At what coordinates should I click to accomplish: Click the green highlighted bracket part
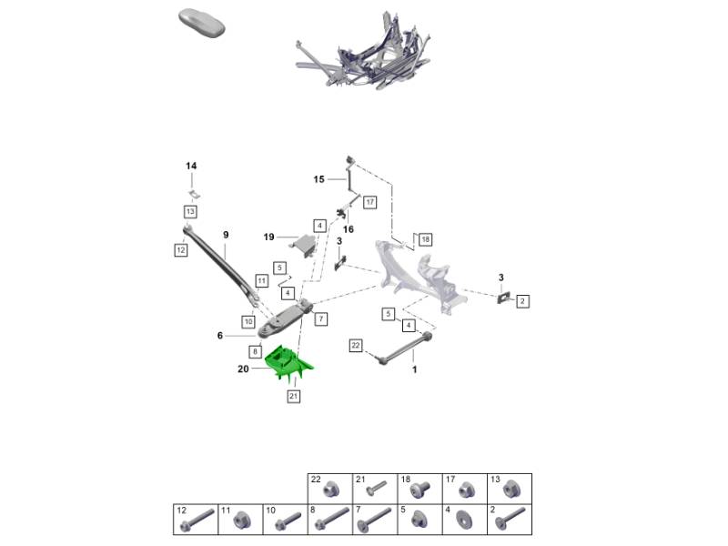[x=288, y=363]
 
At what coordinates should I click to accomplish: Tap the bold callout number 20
[x=243, y=369]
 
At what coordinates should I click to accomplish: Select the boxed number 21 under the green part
[x=293, y=396]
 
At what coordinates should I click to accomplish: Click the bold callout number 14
[x=191, y=166]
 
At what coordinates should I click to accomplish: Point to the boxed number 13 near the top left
[x=190, y=212]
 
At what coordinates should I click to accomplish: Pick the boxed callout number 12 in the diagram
[x=180, y=250]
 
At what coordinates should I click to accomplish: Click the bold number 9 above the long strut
[x=226, y=235]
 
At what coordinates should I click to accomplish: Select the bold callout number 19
[x=268, y=238]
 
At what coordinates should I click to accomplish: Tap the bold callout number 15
[x=318, y=179]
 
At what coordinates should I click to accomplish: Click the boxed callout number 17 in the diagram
[x=369, y=202]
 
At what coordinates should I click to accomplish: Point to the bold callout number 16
[x=349, y=229]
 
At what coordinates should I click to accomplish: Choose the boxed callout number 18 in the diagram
[x=425, y=239]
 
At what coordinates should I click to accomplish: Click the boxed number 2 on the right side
[x=522, y=301]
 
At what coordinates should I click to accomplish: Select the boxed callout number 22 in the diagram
[x=356, y=346]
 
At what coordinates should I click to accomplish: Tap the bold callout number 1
[x=415, y=369]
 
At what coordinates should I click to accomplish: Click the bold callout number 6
[x=220, y=336]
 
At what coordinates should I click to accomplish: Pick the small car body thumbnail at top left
[x=202, y=22]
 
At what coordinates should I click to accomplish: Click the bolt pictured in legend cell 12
[x=198, y=521]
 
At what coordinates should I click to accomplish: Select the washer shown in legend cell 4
[x=463, y=519]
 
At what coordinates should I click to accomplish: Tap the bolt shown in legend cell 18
[x=420, y=490]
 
